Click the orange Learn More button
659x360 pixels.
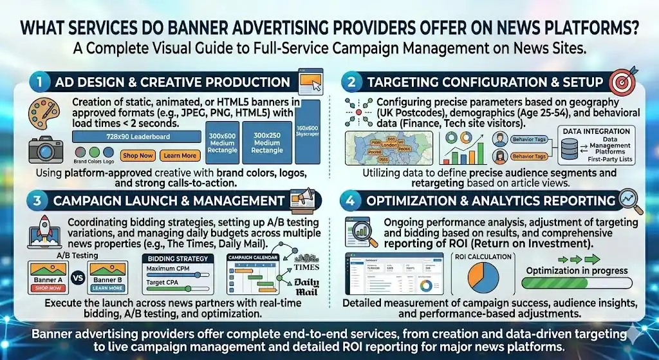point(180,156)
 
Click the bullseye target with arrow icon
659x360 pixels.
point(621,81)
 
